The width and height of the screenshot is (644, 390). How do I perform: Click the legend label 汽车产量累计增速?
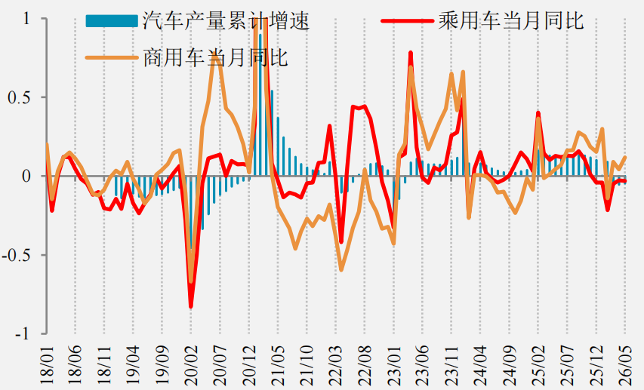[x=226, y=20]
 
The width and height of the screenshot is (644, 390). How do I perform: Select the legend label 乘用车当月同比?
[x=511, y=20]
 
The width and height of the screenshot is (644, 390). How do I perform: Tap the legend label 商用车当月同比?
[x=215, y=57]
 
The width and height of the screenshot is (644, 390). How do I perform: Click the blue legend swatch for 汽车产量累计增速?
[x=112, y=21]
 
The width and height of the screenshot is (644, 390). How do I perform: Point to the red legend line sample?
[x=407, y=21]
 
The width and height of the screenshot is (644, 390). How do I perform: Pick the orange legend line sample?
[x=112, y=57]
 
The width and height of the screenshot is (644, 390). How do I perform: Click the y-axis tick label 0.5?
[x=20, y=97]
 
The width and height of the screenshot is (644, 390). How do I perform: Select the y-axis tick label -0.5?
[x=17, y=255]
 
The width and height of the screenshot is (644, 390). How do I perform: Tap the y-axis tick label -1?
[x=22, y=333]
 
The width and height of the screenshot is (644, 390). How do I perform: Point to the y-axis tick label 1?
[x=26, y=19]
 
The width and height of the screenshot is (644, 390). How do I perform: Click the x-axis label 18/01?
[x=48, y=364]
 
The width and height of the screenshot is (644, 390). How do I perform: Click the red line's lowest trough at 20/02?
[x=191, y=307]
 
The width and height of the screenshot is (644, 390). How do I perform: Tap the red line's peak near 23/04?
[x=410, y=53]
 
